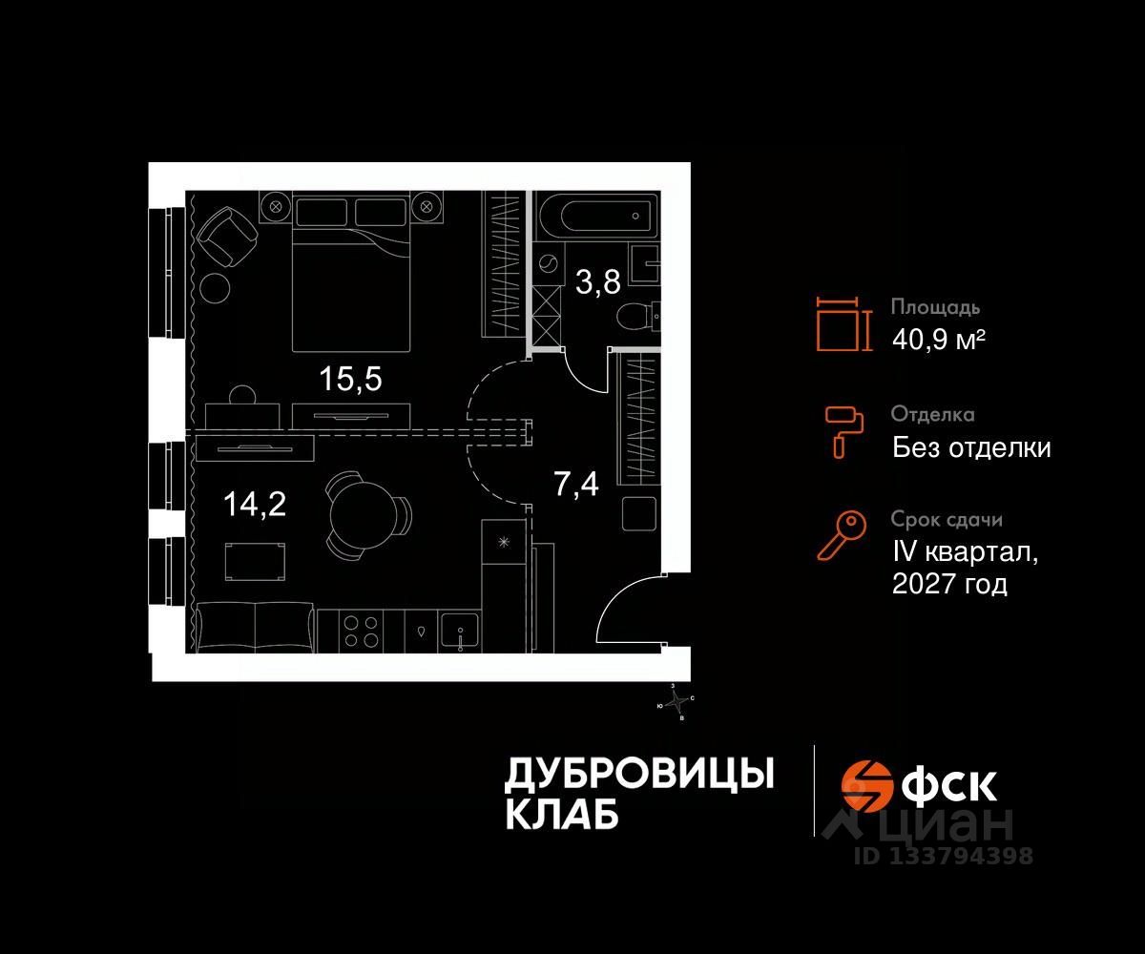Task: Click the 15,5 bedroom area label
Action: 350,379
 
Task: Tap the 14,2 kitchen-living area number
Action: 254,503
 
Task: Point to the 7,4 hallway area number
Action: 576,484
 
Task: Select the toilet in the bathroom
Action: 635,314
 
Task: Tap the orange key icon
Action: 841,535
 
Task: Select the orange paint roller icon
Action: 843,430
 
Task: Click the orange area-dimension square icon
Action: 843,324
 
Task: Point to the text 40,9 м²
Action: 938,339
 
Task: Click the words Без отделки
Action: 971,446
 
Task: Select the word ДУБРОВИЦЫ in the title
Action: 638,774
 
